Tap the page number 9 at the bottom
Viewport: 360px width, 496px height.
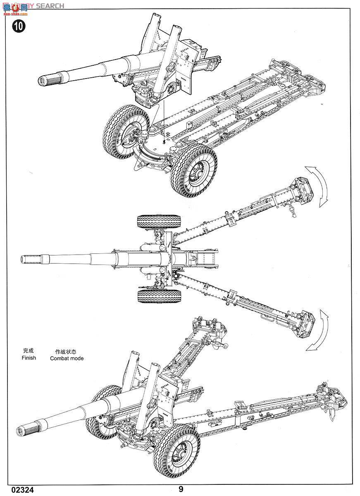[x=181, y=489]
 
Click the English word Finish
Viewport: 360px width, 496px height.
[x=29, y=358]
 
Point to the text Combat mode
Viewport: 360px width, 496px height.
[x=67, y=358]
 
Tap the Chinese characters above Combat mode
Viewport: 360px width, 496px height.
[x=66, y=351]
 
